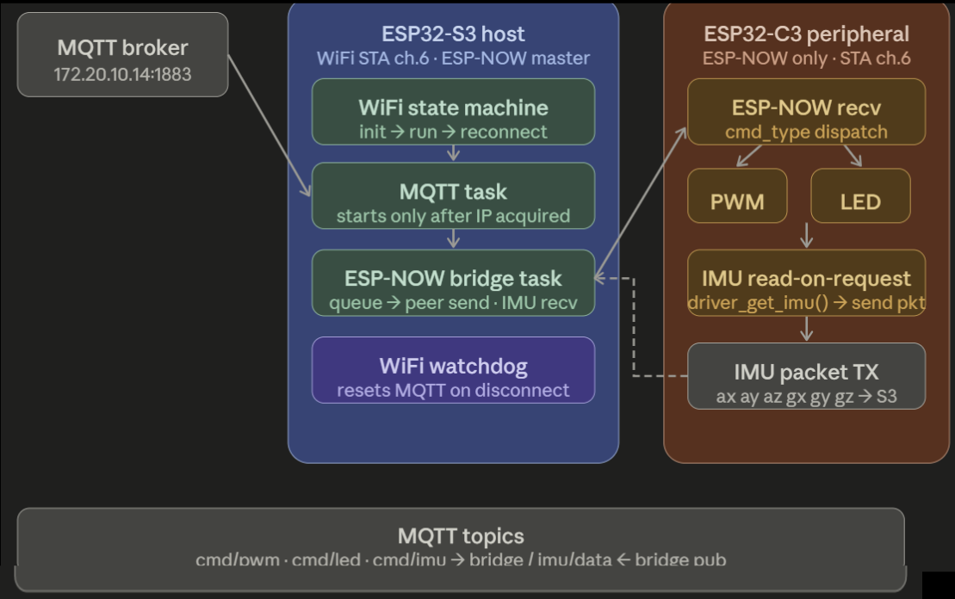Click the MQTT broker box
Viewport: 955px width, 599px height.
[x=122, y=53]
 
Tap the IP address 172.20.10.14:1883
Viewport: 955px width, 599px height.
[x=122, y=74]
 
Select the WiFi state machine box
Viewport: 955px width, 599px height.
[x=453, y=111]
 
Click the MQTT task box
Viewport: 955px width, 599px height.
[x=453, y=195]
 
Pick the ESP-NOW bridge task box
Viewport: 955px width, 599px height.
[x=453, y=282]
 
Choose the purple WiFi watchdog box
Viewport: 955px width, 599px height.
[x=453, y=369]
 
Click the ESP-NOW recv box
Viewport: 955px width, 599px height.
[x=806, y=111]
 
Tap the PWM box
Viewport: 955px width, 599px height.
[x=736, y=195]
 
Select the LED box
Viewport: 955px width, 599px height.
[x=860, y=195]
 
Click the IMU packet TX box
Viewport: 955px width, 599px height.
[x=806, y=375]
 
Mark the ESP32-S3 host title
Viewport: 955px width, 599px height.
[x=453, y=34]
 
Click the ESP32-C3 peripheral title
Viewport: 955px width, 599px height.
[x=806, y=34]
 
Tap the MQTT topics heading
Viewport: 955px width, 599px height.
[x=461, y=536]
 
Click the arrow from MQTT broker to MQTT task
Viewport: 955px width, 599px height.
[x=270, y=127]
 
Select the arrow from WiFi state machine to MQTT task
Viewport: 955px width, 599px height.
[x=454, y=153]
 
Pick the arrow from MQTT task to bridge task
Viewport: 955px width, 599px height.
[x=454, y=239]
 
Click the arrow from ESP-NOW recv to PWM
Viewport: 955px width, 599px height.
[x=748, y=157]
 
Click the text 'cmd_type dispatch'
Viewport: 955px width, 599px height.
[x=806, y=133]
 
